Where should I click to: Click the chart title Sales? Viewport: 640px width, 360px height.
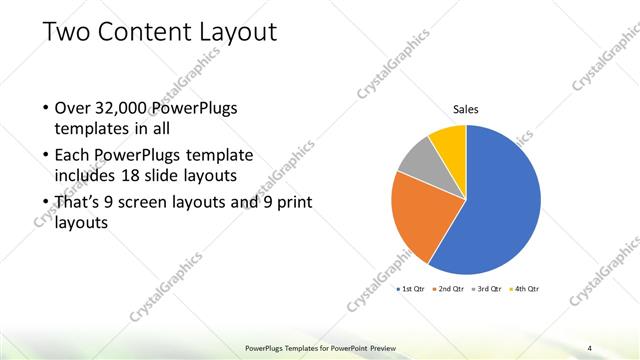466,109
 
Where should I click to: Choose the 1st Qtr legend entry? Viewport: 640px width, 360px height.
411,289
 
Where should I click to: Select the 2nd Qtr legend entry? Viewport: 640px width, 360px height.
451,289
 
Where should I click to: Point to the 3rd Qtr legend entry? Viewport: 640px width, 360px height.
487,289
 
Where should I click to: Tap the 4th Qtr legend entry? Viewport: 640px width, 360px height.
524,289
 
